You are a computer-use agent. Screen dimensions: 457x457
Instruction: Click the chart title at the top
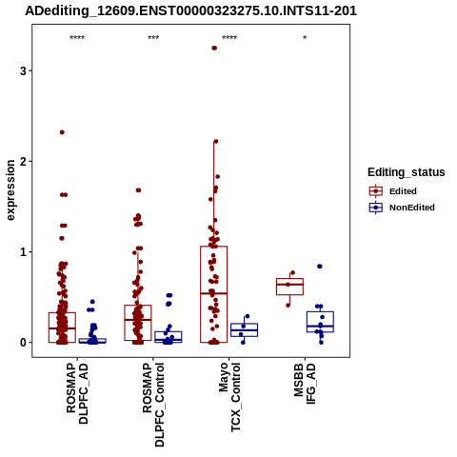tap(191, 11)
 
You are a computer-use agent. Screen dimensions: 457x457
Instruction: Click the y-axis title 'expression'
tap(10, 190)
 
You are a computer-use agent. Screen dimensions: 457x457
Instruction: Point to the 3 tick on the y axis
tap(23, 70)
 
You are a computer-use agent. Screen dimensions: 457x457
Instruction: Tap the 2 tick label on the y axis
tap(23, 161)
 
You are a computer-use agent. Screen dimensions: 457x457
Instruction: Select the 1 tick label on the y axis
tap(23, 252)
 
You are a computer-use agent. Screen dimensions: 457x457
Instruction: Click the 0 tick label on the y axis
tap(23, 343)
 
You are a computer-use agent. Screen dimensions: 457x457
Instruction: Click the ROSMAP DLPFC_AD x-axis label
tap(77, 393)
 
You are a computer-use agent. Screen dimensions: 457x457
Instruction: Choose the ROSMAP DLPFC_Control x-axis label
tap(153, 405)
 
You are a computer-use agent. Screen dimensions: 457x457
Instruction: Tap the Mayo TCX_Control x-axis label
tap(229, 397)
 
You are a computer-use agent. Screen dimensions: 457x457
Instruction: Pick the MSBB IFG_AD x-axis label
tap(305, 384)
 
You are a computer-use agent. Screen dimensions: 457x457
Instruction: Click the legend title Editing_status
tap(407, 172)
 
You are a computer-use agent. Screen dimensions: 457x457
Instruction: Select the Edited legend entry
tap(393, 191)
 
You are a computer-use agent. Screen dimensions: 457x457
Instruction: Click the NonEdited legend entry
tap(402, 208)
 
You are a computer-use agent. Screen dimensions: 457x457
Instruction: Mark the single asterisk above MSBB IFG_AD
tap(305, 38)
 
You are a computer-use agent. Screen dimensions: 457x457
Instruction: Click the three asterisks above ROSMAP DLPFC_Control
tap(153, 38)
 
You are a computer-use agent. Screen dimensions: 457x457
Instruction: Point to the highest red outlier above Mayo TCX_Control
tap(214, 48)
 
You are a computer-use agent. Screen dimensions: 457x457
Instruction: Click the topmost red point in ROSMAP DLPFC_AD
tap(62, 132)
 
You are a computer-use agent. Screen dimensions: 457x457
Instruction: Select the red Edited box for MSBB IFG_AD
tap(289, 287)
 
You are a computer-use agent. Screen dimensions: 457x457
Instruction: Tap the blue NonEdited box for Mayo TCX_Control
tap(244, 330)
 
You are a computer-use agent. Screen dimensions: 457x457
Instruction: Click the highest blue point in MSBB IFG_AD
tap(320, 267)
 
